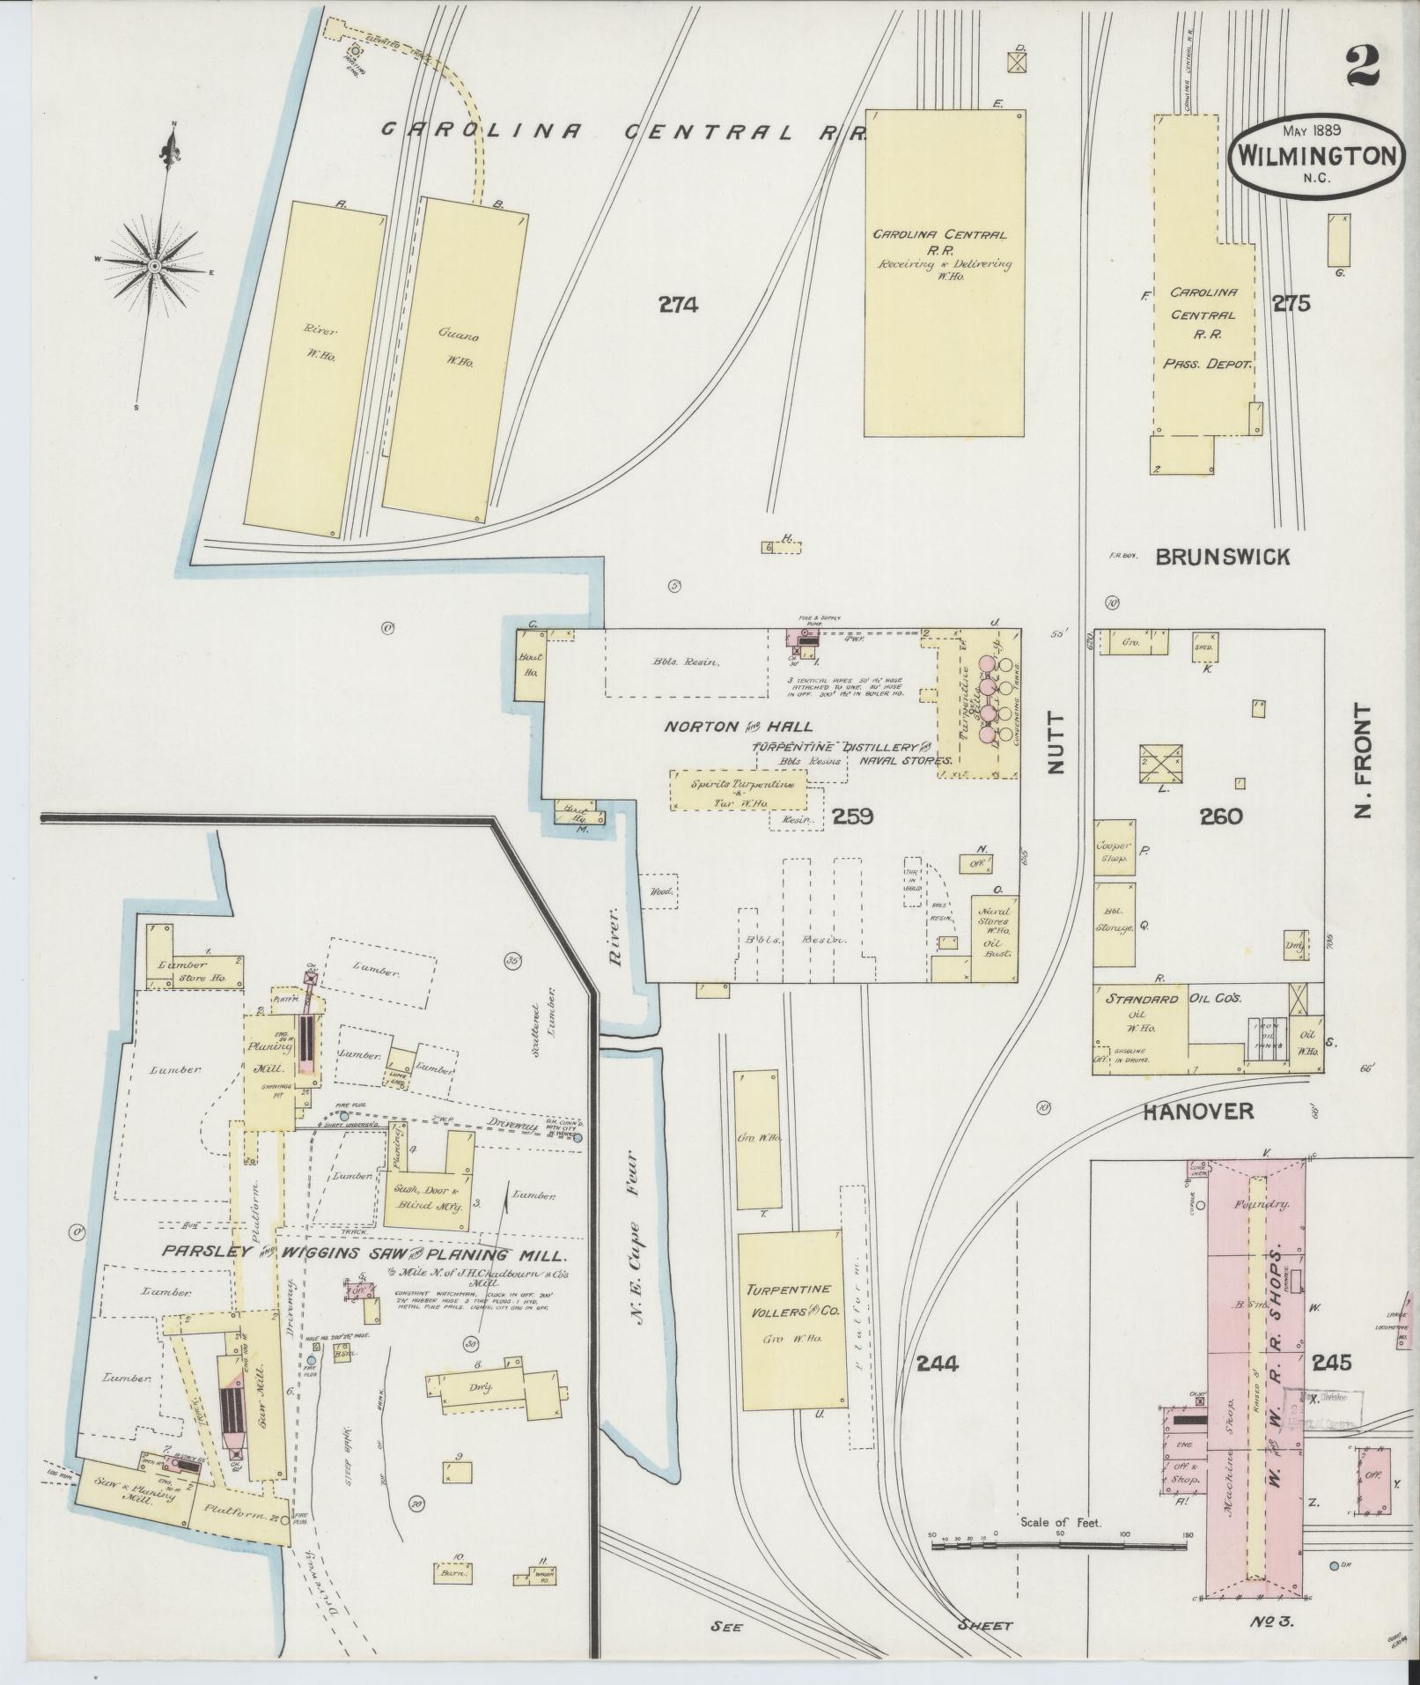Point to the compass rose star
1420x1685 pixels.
pyautogui.click(x=154, y=264)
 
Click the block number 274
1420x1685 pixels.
pyautogui.click(x=678, y=305)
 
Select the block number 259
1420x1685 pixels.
pyautogui.click(x=852, y=817)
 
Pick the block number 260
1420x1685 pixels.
pyautogui.click(x=1221, y=817)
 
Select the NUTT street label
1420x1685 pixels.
pyautogui.click(x=1056, y=743)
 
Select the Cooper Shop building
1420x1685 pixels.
pyautogui.click(x=1114, y=852)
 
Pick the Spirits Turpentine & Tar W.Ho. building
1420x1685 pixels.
pyautogui.click(x=739, y=791)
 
